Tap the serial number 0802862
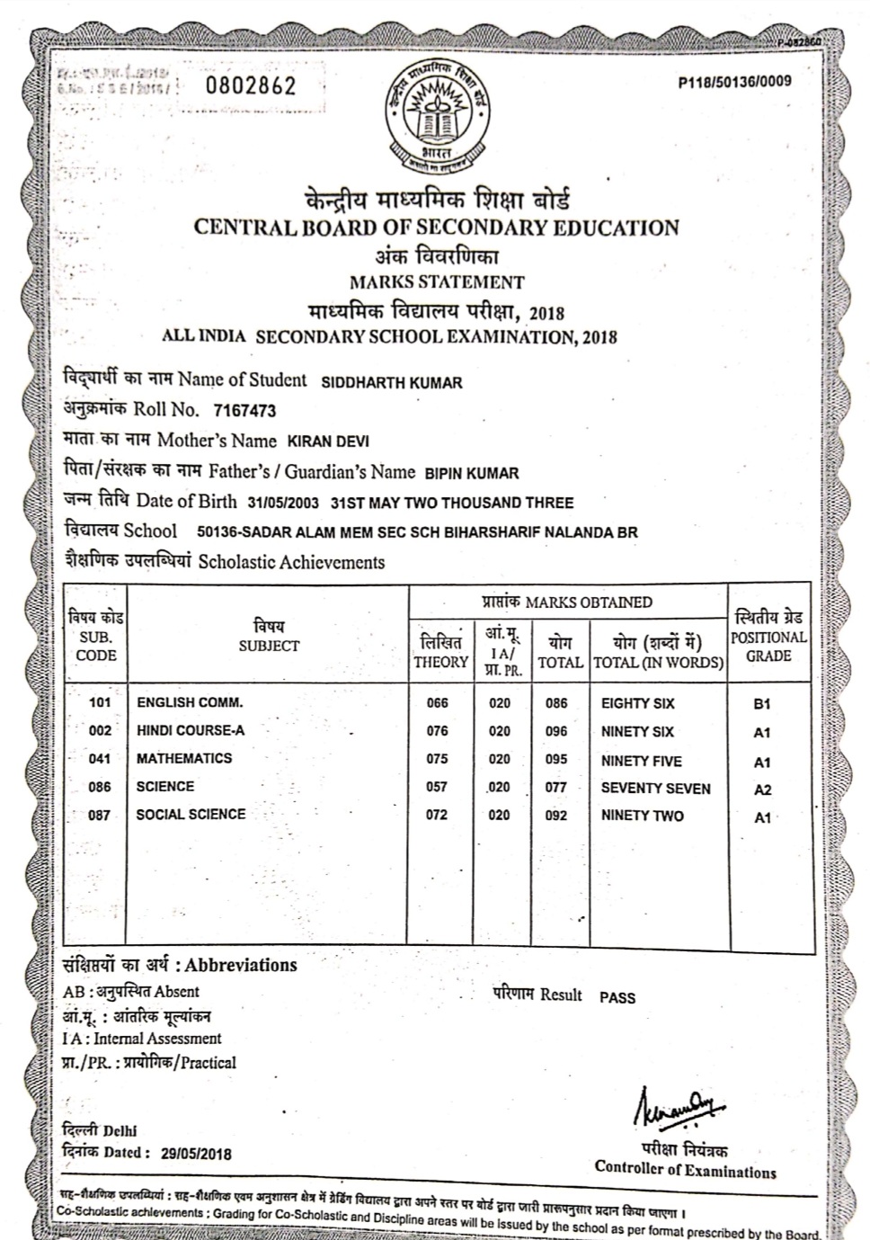tap(251, 86)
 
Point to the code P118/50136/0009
tap(735, 82)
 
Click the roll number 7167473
tap(244, 411)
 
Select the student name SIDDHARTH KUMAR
tap(392, 382)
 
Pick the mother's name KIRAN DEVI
tap(327, 442)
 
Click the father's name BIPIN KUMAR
tap(471, 473)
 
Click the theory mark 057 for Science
tap(437, 787)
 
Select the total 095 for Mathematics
tap(556, 759)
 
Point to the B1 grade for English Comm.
tap(762, 704)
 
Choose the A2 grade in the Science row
tap(762, 789)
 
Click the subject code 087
tap(100, 815)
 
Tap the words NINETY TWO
tap(642, 816)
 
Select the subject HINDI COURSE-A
tap(191, 730)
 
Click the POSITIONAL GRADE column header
tap(768, 638)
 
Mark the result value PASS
tap(617, 997)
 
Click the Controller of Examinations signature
tap(680, 1104)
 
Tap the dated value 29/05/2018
tap(196, 1154)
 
